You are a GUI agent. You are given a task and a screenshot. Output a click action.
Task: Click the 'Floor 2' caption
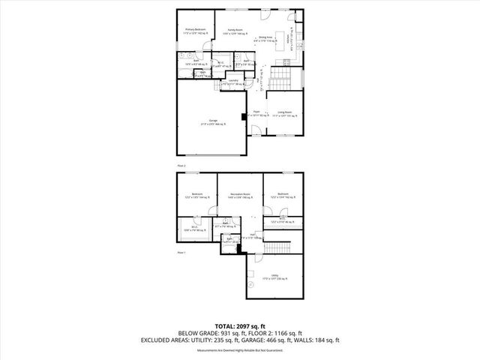(181, 165)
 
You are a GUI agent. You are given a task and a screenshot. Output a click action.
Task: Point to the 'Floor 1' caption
(181, 253)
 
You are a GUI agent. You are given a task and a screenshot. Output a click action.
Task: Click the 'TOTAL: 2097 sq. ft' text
(239, 325)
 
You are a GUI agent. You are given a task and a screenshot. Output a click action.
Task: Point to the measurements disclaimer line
(239, 349)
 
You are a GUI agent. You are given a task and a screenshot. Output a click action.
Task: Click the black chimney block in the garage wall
(243, 116)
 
